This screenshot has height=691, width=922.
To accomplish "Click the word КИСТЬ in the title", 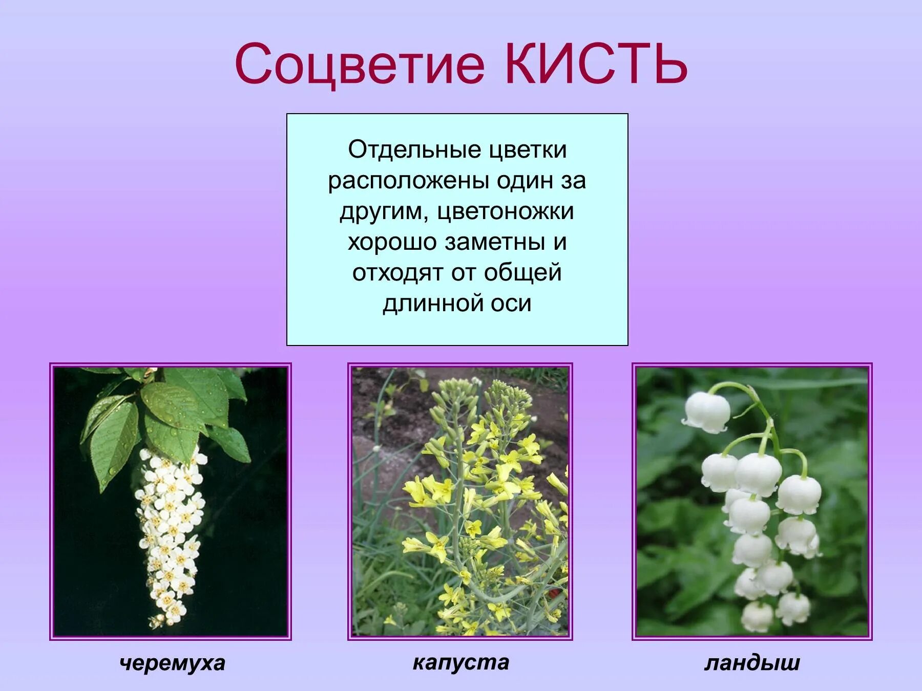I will [596, 64].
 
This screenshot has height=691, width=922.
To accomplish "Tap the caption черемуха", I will [172, 663].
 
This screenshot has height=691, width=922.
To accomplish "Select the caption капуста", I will [460, 662].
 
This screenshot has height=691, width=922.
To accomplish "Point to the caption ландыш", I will [751, 663].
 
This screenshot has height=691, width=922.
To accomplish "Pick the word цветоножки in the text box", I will [505, 211].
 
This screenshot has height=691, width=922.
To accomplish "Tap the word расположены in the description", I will [408, 181].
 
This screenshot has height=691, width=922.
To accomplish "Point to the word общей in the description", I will [522, 273].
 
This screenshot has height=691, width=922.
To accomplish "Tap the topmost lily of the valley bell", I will [707, 412].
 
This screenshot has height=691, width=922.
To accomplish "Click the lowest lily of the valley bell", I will [757, 616].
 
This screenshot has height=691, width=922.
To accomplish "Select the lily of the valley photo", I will [751, 502].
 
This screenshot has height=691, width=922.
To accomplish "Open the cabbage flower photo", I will [460, 502].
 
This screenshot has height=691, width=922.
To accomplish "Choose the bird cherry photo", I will [171, 502].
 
